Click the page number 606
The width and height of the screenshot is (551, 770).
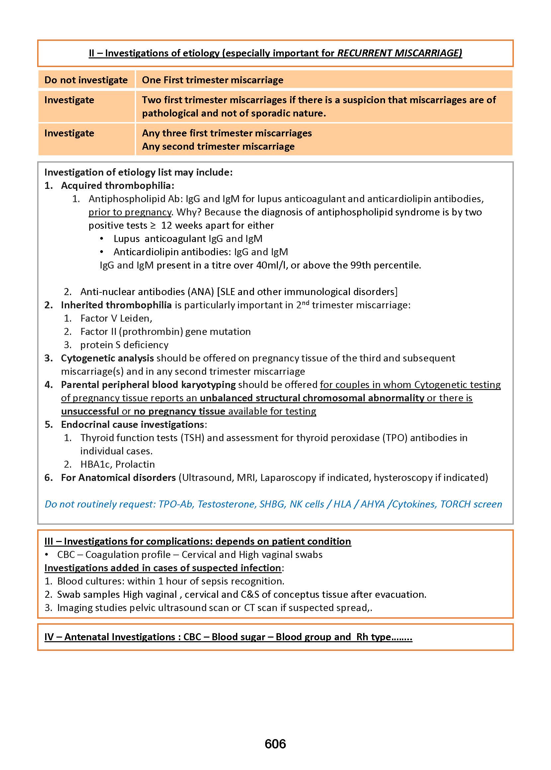click(x=275, y=743)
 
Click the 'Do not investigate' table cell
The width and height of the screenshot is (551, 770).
click(x=86, y=80)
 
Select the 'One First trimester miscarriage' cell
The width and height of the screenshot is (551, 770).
click(x=212, y=80)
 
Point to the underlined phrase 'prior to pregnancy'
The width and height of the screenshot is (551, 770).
click(x=130, y=212)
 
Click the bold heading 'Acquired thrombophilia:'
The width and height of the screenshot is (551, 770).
click(x=118, y=186)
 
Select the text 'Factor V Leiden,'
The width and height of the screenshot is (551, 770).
click(x=116, y=318)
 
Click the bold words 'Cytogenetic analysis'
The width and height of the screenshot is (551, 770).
click(x=107, y=358)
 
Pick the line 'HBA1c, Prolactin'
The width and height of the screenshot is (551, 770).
click(x=118, y=464)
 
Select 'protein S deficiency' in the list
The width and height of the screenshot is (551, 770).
click(x=124, y=345)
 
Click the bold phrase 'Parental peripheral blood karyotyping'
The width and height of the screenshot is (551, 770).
click(x=148, y=385)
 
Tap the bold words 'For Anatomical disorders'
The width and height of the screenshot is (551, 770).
click(x=118, y=478)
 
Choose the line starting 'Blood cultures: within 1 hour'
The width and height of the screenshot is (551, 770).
click(x=170, y=581)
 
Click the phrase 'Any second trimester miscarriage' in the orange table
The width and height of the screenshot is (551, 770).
click(x=218, y=147)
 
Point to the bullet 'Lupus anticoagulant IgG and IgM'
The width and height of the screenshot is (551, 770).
click(x=188, y=239)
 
